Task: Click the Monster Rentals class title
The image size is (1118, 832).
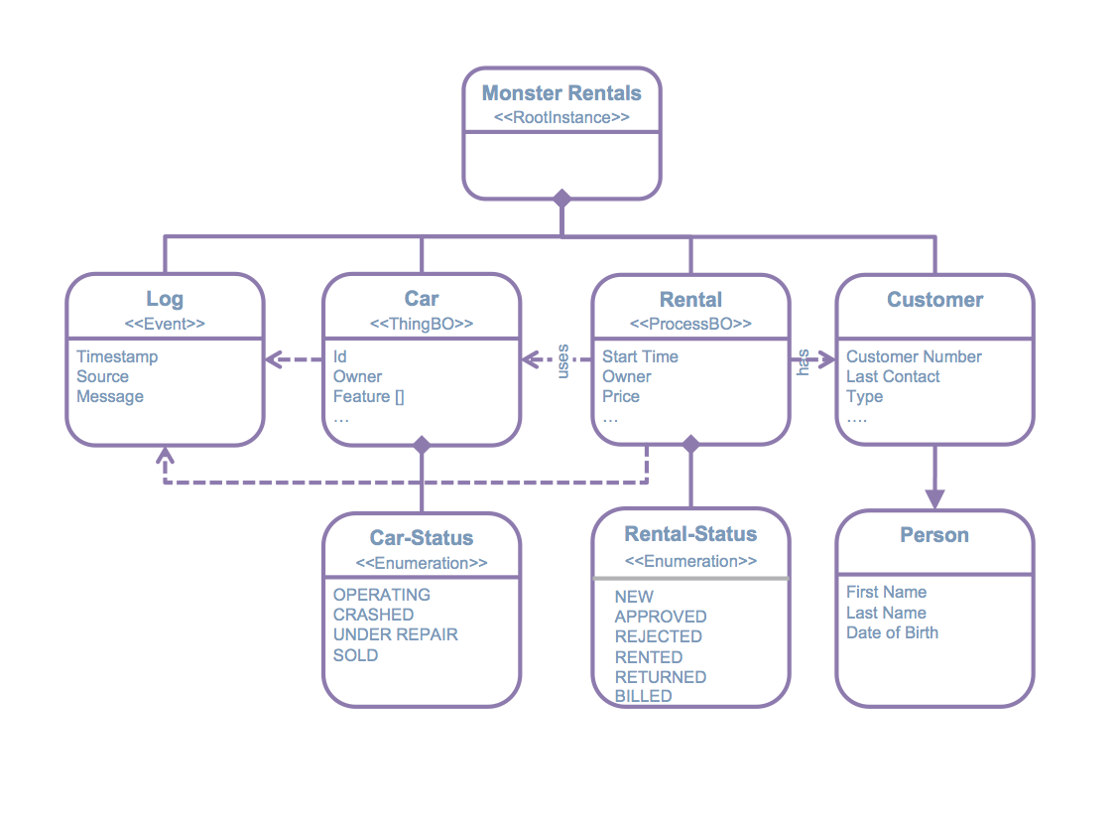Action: tap(561, 93)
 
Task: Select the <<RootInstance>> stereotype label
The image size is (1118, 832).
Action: tap(561, 117)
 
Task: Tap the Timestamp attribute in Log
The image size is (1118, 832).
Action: tap(117, 356)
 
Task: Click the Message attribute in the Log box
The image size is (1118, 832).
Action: tap(110, 396)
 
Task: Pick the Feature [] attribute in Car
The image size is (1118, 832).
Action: tap(368, 396)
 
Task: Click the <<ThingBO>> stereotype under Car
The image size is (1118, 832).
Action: tap(422, 324)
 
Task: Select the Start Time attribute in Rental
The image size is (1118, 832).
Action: tap(640, 356)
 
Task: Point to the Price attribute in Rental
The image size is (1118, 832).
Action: tap(621, 396)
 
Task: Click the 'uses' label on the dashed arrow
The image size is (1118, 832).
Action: tap(562, 359)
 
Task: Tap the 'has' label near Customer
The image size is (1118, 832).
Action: tap(804, 361)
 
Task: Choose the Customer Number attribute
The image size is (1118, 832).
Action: tap(914, 356)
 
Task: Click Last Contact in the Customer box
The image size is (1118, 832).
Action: tap(893, 376)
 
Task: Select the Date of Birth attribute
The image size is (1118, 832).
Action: tap(892, 632)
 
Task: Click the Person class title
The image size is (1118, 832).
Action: tap(934, 535)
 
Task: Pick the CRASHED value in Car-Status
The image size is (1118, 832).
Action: tap(373, 615)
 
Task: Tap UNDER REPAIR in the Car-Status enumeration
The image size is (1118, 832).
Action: tap(395, 634)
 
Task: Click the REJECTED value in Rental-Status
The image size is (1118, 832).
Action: tap(658, 636)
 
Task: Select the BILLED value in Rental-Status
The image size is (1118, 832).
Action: tap(643, 696)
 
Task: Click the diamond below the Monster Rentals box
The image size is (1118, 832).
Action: tap(562, 199)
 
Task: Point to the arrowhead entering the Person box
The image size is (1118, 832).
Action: tap(934, 498)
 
